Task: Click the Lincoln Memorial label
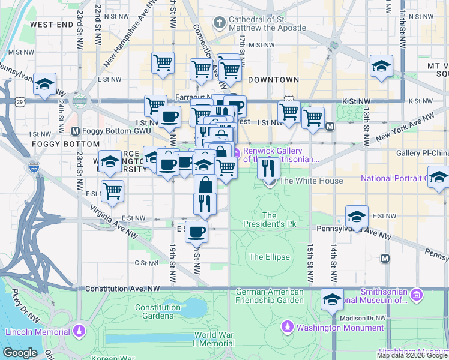(x=35, y=332)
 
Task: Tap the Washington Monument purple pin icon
(x=288, y=328)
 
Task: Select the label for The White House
(x=312, y=181)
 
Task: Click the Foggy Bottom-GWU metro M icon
(x=75, y=131)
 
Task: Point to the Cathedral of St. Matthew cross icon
(x=220, y=23)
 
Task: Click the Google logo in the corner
(x=20, y=353)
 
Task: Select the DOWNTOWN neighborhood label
(x=273, y=79)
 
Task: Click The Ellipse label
(x=270, y=257)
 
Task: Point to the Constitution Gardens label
(x=158, y=311)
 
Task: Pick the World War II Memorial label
(x=214, y=339)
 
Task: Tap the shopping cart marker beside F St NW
(x=112, y=191)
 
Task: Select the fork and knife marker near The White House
(x=268, y=166)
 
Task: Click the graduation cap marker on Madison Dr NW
(x=332, y=299)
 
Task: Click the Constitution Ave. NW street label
(x=123, y=289)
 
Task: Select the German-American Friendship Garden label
(x=270, y=295)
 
